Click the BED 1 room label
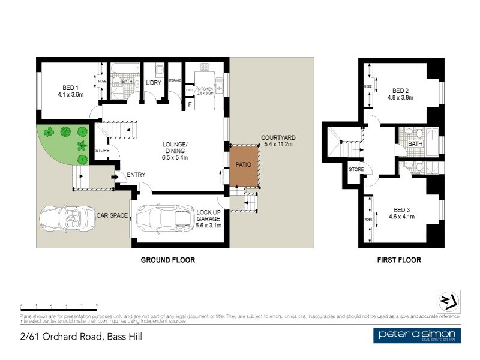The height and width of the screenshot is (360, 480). click(71, 90)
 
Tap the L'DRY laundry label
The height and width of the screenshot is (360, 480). click(154, 83)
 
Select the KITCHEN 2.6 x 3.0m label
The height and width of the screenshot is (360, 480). click(206, 90)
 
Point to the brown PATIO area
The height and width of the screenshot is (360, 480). click(244, 166)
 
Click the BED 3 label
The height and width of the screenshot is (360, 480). click(400, 213)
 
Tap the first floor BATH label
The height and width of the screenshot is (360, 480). click(415, 144)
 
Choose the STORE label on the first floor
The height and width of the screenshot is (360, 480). click(356, 169)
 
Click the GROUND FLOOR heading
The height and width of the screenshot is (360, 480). click(168, 260)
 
